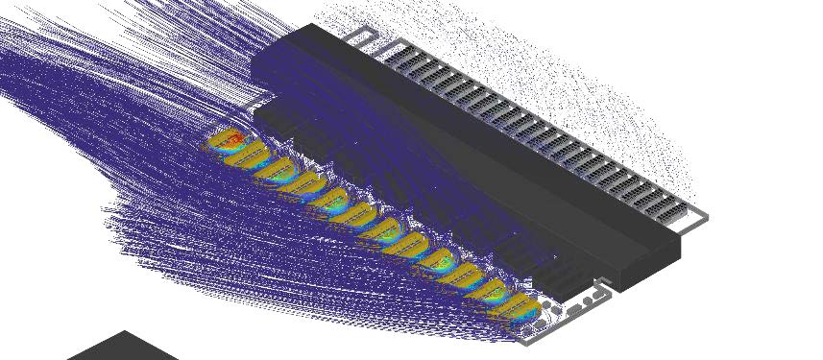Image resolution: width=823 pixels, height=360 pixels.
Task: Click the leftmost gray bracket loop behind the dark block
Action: point(358,37)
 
